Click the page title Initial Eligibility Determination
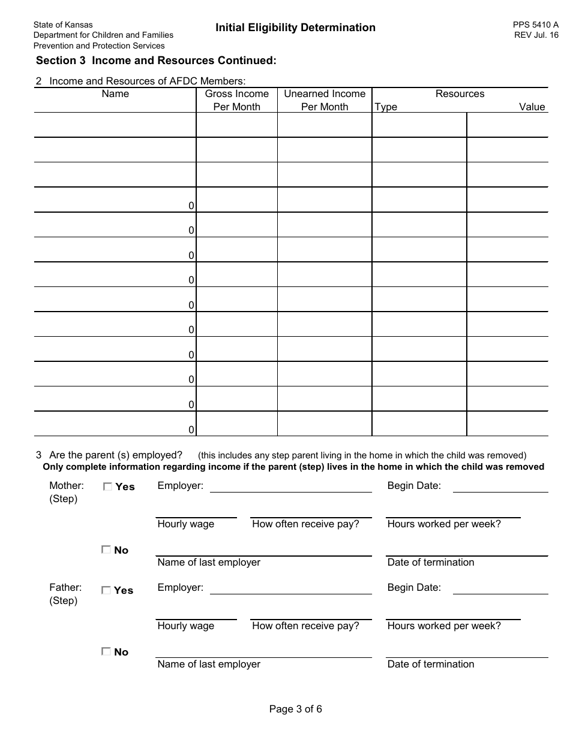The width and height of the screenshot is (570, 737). coord(295,28)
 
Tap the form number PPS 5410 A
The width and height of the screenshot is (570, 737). coord(535,25)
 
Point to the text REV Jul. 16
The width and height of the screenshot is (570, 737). coord(536,35)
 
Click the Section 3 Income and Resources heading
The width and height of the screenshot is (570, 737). coord(156,61)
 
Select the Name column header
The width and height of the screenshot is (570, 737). coord(115,94)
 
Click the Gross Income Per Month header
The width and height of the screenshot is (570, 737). coord(237,100)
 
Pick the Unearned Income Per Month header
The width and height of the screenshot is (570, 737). coord(325,100)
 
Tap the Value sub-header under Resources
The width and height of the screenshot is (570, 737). coord(532,107)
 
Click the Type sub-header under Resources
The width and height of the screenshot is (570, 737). coord(386,107)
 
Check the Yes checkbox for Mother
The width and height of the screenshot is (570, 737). coord(107,487)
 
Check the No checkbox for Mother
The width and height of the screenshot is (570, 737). coord(106,549)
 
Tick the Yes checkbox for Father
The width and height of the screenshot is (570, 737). coord(106,590)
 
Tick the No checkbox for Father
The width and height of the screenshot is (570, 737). coord(106,651)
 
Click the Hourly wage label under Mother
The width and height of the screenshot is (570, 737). coord(185,524)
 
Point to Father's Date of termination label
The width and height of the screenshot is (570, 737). coord(430,664)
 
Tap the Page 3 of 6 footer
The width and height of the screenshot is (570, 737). coord(295,709)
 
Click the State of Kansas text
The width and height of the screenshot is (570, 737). coord(63,25)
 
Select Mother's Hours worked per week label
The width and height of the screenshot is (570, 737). coord(443,524)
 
